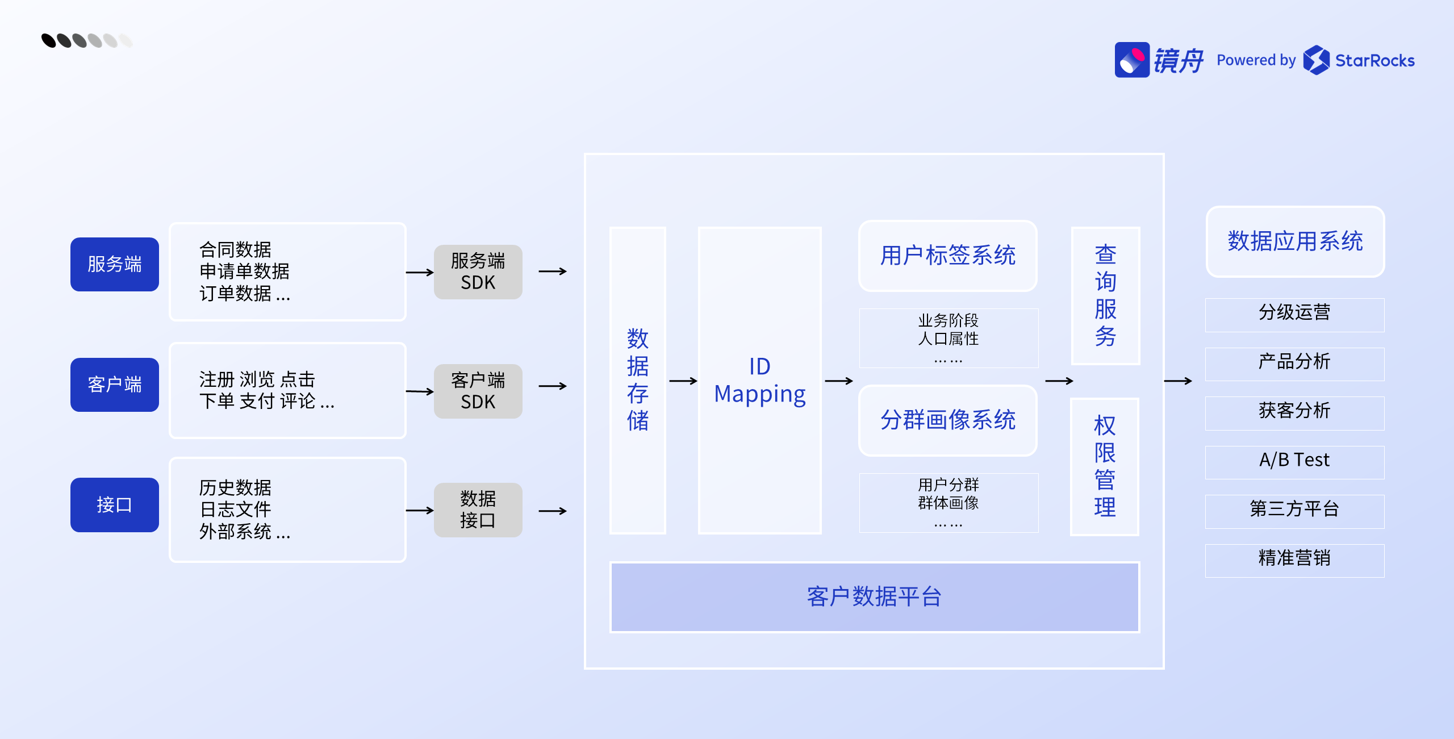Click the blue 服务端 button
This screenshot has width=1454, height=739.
[x=114, y=264]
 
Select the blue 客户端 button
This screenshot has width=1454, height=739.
[x=114, y=385]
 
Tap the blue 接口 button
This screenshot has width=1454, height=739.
[x=114, y=504]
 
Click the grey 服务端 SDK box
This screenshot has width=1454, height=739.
[x=478, y=272]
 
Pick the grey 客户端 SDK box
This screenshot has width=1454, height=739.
[x=478, y=391]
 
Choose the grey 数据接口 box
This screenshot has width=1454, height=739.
[x=478, y=510]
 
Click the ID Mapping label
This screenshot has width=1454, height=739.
[x=759, y=381]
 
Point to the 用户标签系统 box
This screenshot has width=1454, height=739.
[x=947, y=256]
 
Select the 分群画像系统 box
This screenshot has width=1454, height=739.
[x=947, y=420]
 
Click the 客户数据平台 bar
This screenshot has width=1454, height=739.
[x=874, y=596]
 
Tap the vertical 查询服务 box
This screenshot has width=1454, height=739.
[x=1105, y=295]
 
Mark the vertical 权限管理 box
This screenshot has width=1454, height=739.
[x=1105, y=466]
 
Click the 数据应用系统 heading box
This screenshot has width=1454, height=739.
[x=1295, y=241]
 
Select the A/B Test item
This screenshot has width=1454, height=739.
[x=1294, y=460]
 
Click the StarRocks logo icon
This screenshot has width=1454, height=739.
[x=1316, y=60]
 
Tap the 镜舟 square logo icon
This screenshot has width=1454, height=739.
[x=1132, y=60]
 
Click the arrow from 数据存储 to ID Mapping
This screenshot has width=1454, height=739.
[x=683, y=381]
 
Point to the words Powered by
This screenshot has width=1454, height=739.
[x=1256, y=60]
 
